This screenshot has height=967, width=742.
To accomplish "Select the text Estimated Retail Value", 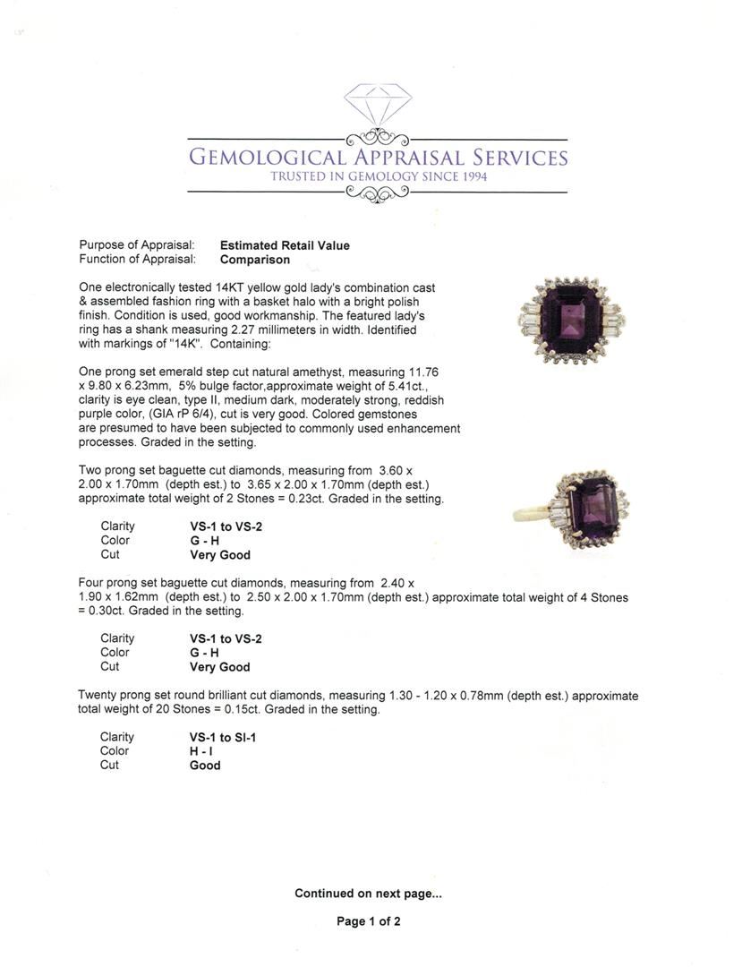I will [285, 245].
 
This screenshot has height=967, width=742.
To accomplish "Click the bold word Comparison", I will [255, 260].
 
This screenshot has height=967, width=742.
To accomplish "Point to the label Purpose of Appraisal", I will [137, 245].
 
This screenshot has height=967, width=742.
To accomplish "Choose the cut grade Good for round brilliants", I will [205, 766].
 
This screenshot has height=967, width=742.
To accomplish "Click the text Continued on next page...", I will [368, 893].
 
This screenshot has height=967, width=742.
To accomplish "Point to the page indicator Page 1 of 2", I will [368, 921].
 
